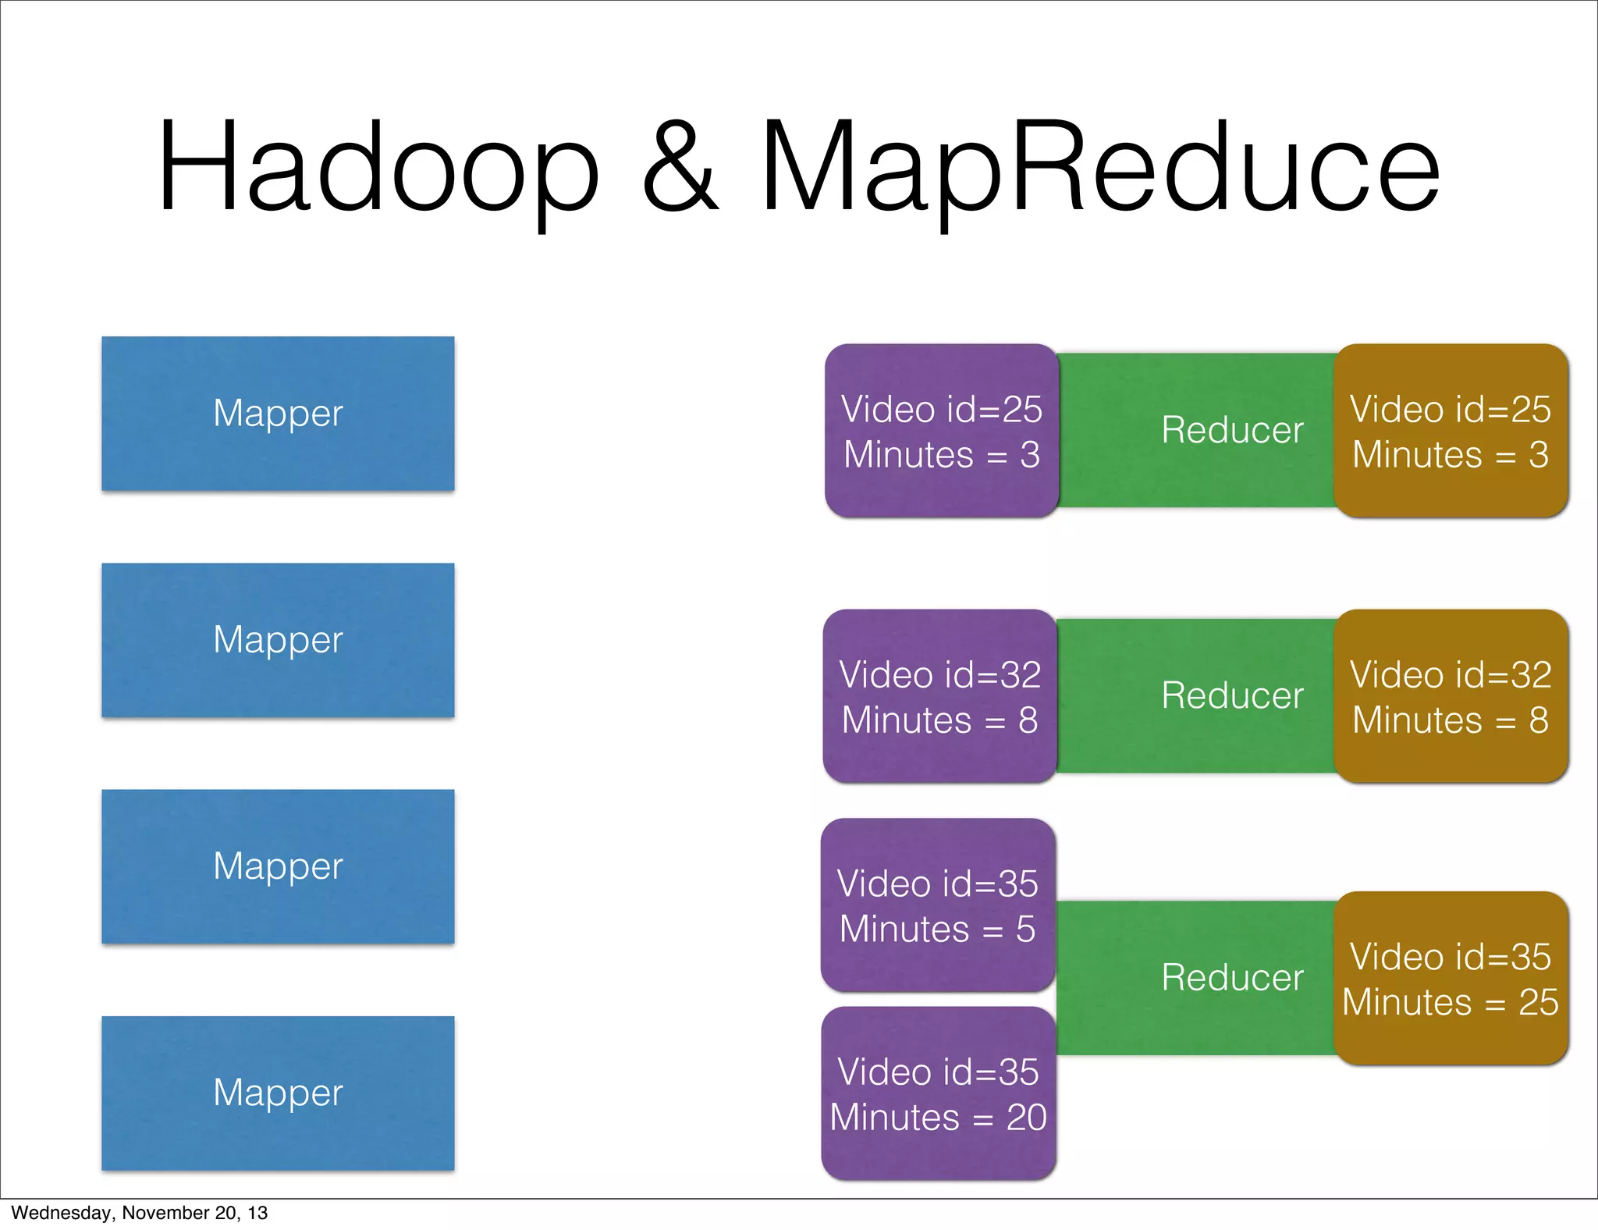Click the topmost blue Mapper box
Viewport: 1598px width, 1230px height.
point(278,414)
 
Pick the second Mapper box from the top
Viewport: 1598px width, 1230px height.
point(278,640)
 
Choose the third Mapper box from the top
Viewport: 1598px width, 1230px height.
point(278,866)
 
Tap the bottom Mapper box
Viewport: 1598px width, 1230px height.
point(278,1093)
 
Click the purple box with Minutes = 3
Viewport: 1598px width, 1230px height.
point(941,431)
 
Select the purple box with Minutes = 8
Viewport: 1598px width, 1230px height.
point(939,696)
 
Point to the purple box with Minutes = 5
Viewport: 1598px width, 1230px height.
point(938,905)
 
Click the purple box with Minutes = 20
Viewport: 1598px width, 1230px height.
point(938,1093)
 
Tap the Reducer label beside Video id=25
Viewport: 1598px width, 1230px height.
point(1231,430)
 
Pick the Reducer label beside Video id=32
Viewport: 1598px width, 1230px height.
point(1231,695)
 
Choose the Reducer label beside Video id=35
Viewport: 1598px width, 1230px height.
point(1231,978)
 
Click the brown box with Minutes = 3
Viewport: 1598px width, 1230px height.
point(1451,431)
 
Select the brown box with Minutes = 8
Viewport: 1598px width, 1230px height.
point(1451,696)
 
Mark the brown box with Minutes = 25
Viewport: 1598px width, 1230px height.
point(1451,979)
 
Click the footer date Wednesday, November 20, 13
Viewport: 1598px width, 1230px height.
point(139,1213)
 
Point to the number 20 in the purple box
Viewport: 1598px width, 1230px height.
point(1026,1118)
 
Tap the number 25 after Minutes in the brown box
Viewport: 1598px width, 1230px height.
point(1538,1002)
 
